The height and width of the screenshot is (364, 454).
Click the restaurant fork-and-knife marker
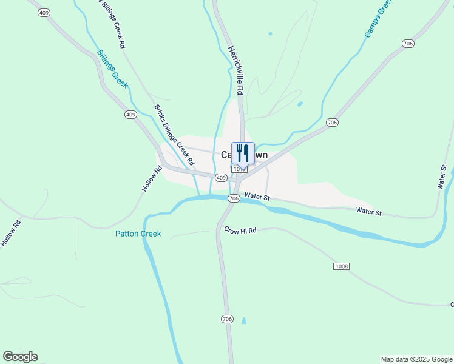[243, 152]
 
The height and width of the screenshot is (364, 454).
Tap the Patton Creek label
[138, 234]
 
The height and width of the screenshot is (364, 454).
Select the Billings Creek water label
[112, 69]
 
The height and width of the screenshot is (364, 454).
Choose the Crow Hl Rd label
[240, 231]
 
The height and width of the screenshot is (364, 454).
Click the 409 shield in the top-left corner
[42, 12]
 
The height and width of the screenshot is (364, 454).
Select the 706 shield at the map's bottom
[227, 318]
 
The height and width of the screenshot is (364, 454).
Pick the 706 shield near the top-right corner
[408, 43]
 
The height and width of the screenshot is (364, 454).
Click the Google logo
[20, 357]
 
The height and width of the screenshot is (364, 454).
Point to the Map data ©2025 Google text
[416, 359]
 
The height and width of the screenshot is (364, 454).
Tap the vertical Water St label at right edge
[443, 177]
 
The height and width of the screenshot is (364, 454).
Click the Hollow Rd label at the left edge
[11, 232]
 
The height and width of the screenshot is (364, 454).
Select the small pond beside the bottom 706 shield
[244, 320]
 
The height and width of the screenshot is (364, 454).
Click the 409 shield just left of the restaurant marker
[221, 178]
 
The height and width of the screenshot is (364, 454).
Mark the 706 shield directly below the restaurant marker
[234, 198]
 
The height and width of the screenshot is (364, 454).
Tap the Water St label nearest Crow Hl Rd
[257, 197]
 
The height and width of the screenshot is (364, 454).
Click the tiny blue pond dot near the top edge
[270, 33]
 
